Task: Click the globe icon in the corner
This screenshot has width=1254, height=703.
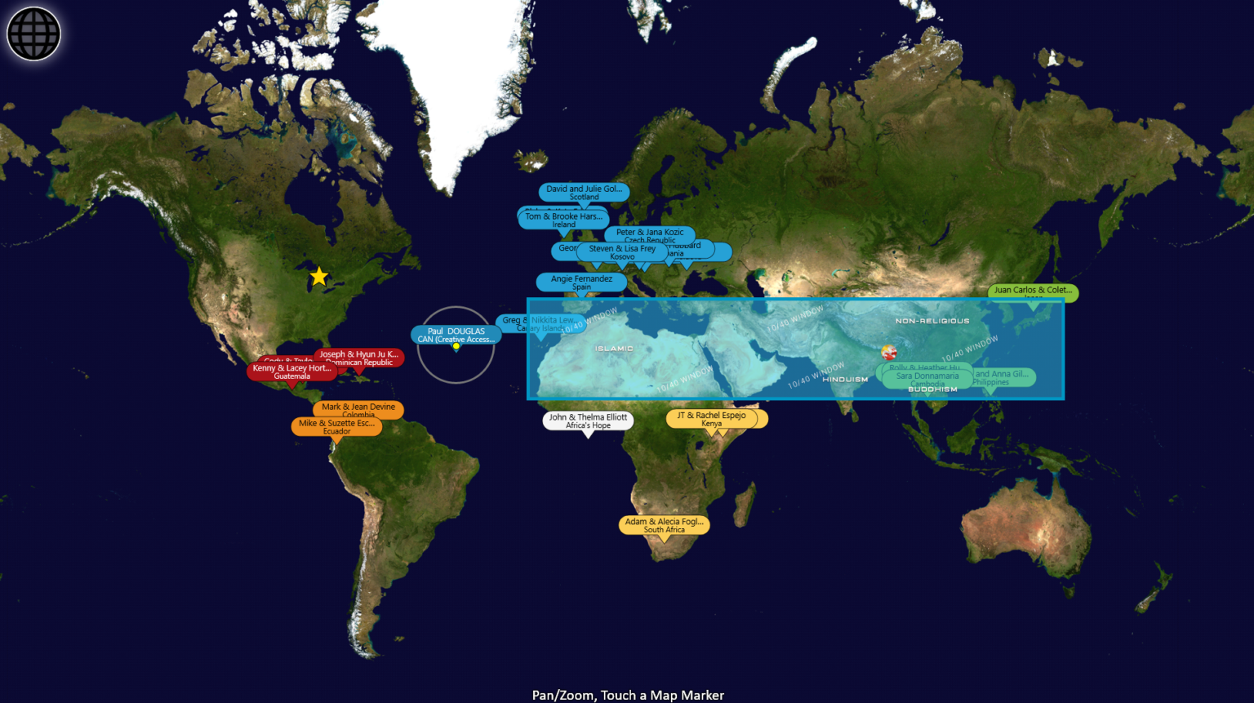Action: coord(33,33)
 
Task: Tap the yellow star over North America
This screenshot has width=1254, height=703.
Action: coord(318,277)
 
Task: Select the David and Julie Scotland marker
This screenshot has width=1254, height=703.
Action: coord(584,192)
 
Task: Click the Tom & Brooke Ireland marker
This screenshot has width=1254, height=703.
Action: coord(563,220)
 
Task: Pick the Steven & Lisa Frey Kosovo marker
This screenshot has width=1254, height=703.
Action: coord(622,252)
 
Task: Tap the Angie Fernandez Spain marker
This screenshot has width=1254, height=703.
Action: coord(581,282)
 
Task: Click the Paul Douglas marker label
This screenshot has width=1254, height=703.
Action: coord(456,335)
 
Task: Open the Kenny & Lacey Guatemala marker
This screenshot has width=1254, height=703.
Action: coord(291,372)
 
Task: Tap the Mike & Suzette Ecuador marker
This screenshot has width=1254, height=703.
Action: coord(336,426)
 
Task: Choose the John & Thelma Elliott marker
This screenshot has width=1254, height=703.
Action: coord(588,420)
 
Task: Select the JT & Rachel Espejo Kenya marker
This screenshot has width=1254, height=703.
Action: coord(711,419)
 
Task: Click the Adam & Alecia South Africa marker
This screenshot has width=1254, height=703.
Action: coord(664,525)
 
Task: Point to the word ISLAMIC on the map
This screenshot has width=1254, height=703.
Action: coord(614,349)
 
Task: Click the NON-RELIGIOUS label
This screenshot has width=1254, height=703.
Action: coord(932,321)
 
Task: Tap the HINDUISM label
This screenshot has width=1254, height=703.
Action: coord(845,380)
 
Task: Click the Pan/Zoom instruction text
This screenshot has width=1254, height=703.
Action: coord(628,695)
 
